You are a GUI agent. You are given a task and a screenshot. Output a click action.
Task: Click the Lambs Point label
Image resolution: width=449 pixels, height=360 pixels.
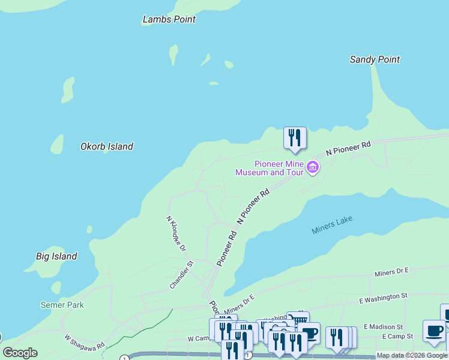(x=169, y=19)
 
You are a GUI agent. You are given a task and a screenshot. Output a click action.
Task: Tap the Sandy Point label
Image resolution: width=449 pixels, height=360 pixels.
(x=375, y=59)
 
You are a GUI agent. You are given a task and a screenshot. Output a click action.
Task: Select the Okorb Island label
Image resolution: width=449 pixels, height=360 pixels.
(x=107, y=146)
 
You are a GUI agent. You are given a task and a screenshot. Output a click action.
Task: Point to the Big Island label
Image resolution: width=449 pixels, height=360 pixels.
(x=56, y=256)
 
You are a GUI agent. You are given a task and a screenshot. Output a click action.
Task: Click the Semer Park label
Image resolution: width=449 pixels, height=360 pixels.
(x=62, y=305)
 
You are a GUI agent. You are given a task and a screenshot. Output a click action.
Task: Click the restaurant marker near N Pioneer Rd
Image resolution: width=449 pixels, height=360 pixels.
(x=295, y=138)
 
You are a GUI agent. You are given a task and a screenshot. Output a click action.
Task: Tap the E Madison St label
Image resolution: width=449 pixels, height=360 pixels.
(x=382, y=326)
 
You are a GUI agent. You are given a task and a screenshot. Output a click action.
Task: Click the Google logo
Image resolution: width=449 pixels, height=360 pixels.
(x=20, y=353)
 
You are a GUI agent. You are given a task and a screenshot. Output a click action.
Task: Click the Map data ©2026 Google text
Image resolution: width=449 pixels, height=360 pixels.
(x=412, y=355)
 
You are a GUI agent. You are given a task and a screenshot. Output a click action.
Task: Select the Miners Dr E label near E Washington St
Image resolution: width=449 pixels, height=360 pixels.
(x=391, y=273)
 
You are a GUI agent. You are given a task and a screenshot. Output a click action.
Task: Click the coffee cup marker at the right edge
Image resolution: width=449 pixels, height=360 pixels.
(x=434, y=331)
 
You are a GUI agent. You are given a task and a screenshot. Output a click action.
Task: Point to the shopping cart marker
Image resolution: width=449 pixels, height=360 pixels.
(x=298, y=320)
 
